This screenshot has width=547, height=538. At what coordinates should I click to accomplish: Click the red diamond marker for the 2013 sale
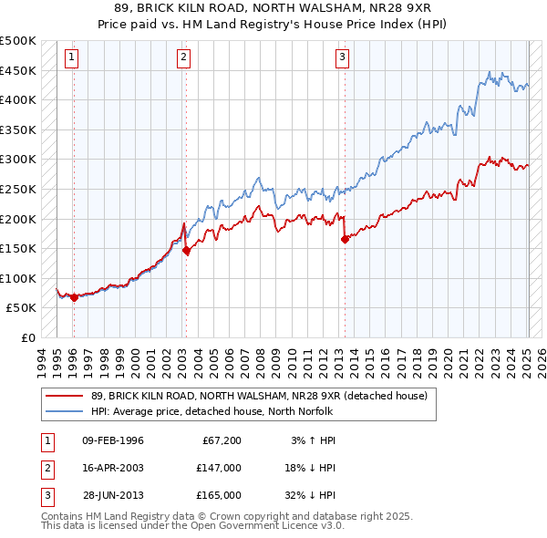coord(346,240)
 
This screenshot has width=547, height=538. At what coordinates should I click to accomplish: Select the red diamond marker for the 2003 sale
coord(186,250)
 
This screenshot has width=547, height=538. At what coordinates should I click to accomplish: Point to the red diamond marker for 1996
coord(74,297)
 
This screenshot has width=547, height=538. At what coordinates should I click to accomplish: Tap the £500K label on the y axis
coord(18,41)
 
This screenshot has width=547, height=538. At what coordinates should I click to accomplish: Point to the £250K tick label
coord(18,189)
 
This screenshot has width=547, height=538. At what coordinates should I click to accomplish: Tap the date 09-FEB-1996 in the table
coord(113,440)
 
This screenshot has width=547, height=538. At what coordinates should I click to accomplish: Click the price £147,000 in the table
coord(219,468)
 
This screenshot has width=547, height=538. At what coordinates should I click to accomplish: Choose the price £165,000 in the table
coord(219,495)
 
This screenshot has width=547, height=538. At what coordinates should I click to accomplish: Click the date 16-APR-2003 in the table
coord(113,468)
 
